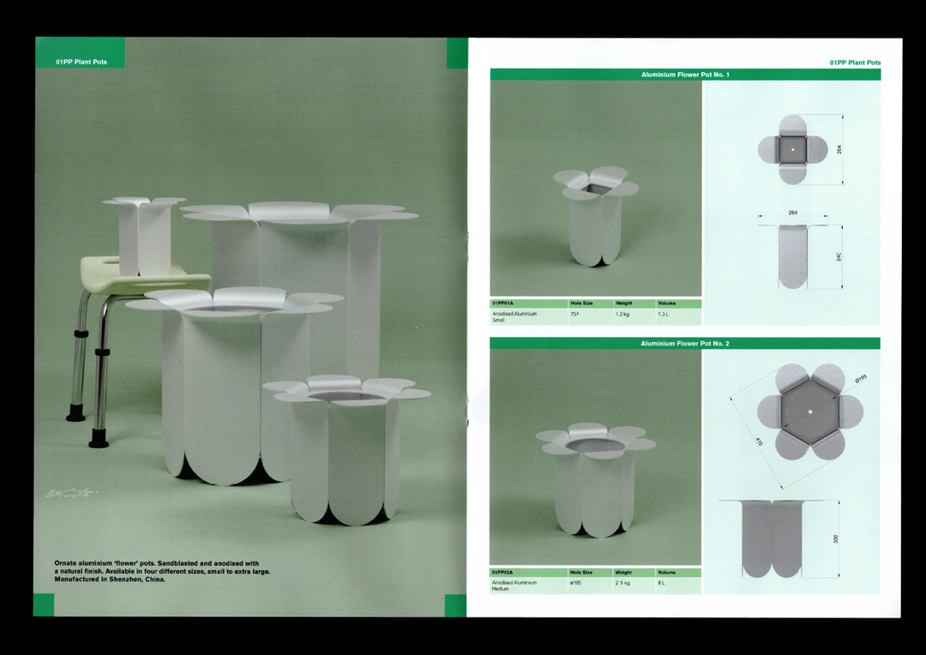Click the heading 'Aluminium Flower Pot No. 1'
685,75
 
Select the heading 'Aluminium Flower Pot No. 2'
685,344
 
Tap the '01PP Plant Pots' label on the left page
81,63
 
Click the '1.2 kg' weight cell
623,315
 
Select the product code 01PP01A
503,303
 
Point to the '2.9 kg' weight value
623,583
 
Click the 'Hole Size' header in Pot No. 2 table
581,573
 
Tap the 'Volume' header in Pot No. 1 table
667,303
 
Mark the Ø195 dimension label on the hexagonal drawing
861,378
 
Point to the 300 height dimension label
835,539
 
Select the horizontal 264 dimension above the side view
793,213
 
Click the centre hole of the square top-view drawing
793,150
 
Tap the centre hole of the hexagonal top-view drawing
810,412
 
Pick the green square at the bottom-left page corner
44,604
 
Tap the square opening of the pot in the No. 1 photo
598,186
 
